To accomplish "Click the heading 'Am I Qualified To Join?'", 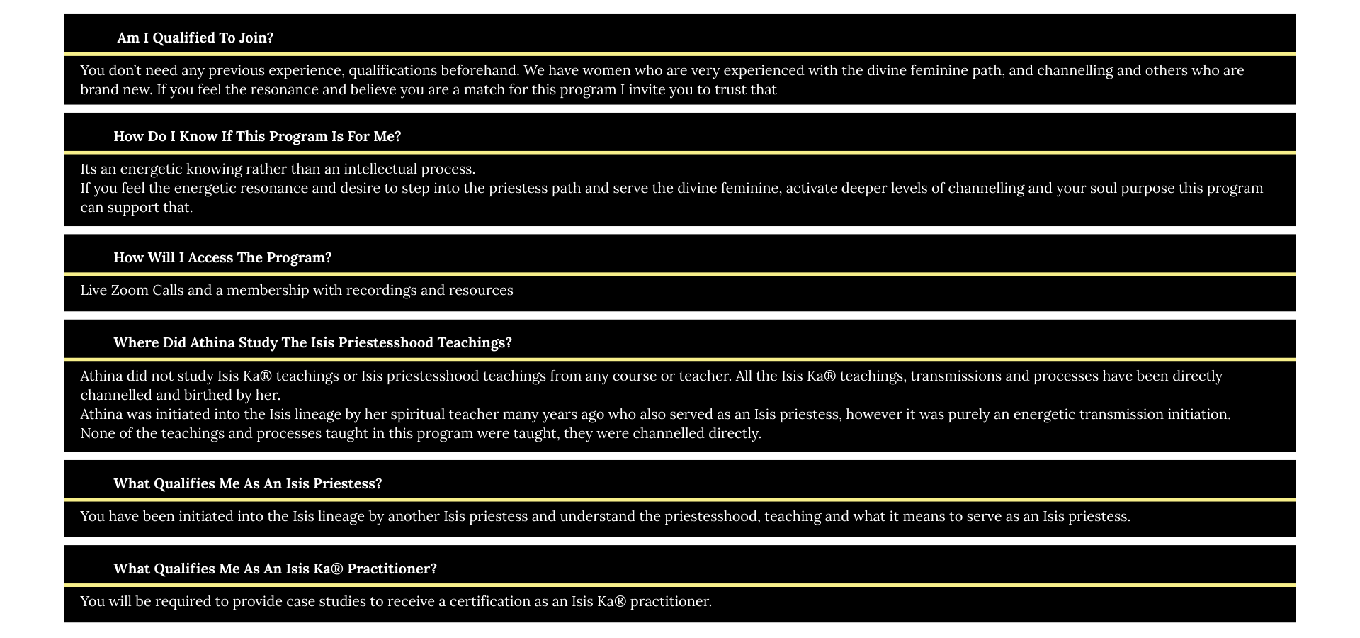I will (195, 38).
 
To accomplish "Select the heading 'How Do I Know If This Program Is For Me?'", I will (257, 137).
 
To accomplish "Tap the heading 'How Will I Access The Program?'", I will (222, 258).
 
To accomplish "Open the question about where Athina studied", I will (312, 343).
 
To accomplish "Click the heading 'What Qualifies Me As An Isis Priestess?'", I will (247, 484).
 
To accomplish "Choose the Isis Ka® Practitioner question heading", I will (275, 569).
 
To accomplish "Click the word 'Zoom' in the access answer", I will (130, 291).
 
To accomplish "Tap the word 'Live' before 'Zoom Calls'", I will (93, 291).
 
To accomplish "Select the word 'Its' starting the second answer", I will (89, 169).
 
